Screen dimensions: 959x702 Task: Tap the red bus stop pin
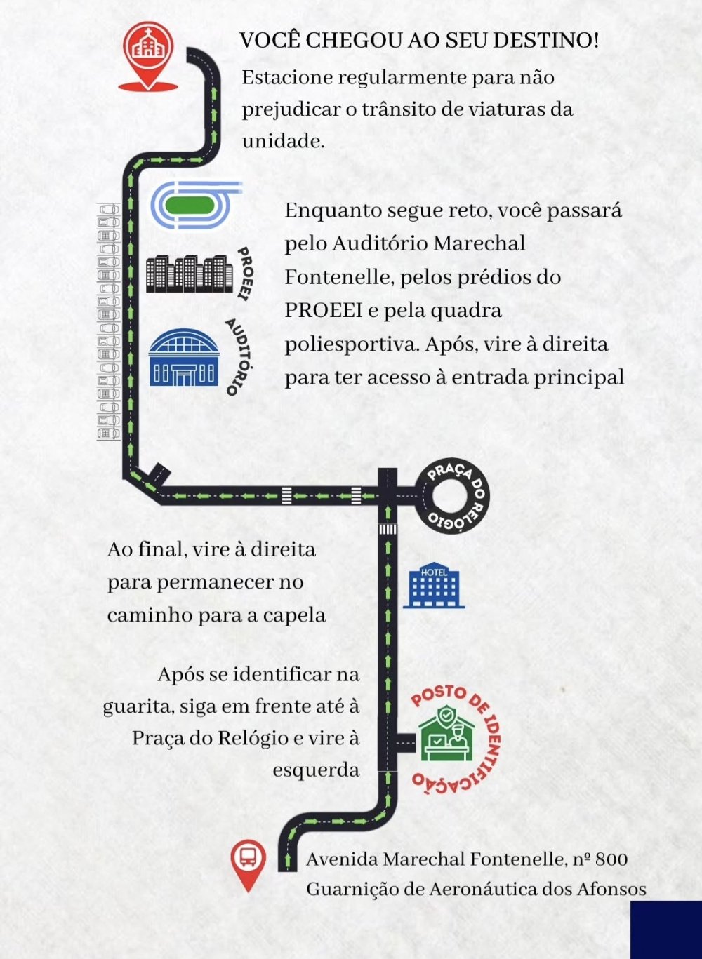point(248,861)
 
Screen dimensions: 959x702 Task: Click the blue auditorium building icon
point(183,358)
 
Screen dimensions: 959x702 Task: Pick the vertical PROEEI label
point(244,274)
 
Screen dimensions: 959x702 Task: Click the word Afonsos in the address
point(611,889)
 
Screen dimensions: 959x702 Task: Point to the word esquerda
point(316,770)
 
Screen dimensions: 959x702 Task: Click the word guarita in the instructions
point(137,706)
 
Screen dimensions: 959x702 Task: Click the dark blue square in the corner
point(665,930)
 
